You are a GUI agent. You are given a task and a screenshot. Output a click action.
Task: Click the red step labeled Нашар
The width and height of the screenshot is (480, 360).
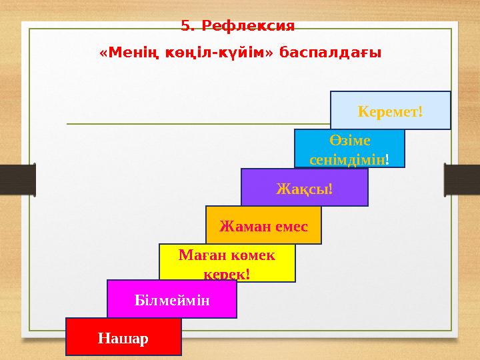click(123, 337)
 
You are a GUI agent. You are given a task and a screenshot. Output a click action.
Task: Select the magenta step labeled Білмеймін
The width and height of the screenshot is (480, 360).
click(172, 299)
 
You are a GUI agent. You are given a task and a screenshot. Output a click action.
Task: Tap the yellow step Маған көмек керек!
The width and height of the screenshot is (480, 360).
click(227, 263)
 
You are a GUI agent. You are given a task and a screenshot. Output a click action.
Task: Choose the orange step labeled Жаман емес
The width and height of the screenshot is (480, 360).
click(263, 225)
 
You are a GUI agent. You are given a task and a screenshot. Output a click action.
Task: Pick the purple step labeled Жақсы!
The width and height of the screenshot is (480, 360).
click(304, 187)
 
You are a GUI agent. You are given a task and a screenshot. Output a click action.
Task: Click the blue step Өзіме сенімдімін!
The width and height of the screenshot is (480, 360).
click(349, 148)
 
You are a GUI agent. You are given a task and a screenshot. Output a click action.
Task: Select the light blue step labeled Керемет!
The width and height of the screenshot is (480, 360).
click(391, 110)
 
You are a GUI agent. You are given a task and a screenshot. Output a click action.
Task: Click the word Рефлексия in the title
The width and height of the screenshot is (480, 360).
click(247, 27)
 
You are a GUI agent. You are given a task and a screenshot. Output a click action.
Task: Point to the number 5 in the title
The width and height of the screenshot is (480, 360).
click(185, 27)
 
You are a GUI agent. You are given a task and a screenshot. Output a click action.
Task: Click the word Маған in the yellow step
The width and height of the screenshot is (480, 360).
click(198, 255)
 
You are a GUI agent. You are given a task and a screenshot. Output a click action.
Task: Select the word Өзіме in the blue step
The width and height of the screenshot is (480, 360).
click(350, 141)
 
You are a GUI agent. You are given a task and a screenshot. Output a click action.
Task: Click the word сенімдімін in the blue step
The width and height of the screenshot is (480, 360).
click(347, 159)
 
